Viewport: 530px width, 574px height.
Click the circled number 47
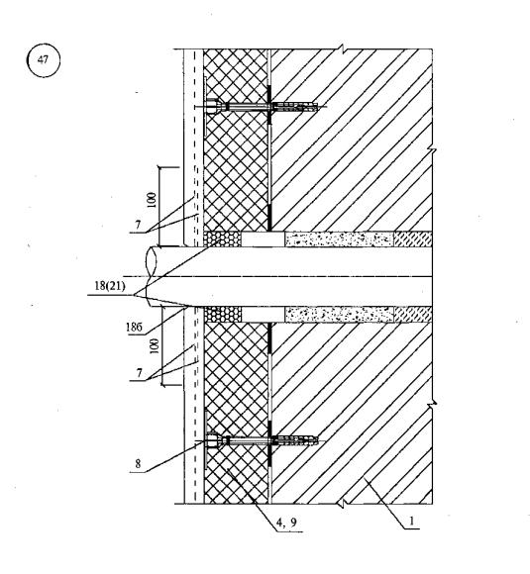44,60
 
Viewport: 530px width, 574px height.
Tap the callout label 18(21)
110,286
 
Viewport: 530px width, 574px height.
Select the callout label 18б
134,327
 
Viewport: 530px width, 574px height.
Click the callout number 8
138,464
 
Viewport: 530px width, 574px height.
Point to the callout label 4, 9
286,523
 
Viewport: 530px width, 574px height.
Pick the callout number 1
411,521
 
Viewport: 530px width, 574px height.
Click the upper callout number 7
138,225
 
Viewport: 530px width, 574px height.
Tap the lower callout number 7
140,373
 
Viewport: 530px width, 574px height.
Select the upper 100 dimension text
152,200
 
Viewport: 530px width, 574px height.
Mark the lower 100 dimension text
155,346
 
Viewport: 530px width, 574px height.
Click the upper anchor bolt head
213,107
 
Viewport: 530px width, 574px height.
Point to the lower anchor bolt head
213,441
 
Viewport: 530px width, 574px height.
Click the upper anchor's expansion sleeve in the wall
295,107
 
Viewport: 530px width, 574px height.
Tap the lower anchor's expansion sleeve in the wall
295,440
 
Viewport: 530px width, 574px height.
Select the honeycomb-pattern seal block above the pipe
223,239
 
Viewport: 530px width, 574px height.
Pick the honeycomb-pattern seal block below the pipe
223,315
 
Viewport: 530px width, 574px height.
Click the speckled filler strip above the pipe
340,239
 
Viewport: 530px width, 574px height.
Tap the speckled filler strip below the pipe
340,315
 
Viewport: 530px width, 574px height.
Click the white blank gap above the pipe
264,239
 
